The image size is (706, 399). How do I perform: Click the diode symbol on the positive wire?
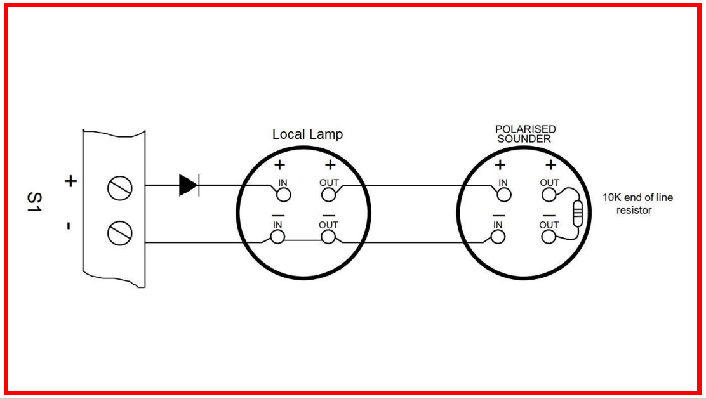tap(189, 185)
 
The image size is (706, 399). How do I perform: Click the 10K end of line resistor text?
tap(637, 204)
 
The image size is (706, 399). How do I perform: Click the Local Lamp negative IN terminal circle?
tap(277, 237)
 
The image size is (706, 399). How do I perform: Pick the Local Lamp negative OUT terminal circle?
tap(328, 237)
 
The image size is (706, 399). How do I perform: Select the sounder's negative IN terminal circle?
tap(498, 237)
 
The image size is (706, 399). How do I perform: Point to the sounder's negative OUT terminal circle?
tap(548, 237)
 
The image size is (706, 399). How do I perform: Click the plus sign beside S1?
tap(71, 182)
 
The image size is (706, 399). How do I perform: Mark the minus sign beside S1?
tap(70, 226)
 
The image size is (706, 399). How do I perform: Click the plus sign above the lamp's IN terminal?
tap(279, 166)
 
